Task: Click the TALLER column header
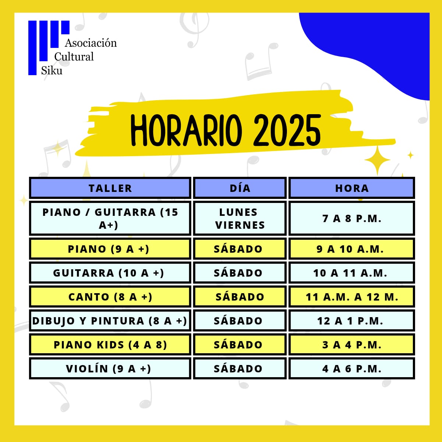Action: pos(110,188)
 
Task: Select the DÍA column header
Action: pos(240,188)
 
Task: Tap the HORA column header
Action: pos(352,188)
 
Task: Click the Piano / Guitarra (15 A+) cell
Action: pos(110,218)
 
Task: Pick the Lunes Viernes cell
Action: pos(240,218)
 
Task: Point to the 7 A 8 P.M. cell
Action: pos(352,218)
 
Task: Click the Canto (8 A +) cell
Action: pos(110,297)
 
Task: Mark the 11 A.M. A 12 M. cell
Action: pos(352,297)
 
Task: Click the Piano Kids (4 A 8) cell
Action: pos(110,344)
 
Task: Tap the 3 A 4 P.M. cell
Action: pos(352,344)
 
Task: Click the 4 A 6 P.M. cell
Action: pos(352,368)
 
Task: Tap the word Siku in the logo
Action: pos(52,70)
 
